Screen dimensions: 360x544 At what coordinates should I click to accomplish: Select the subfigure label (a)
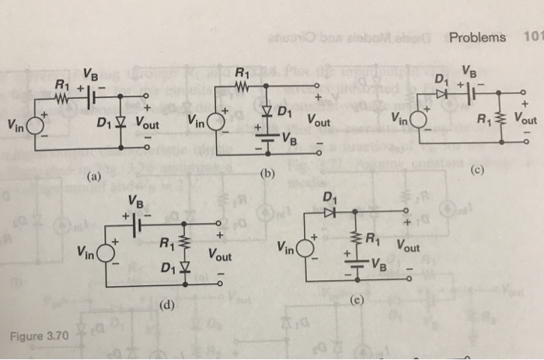tap(94, 177)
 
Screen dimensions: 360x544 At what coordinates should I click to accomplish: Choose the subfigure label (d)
tap(166, 308)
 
